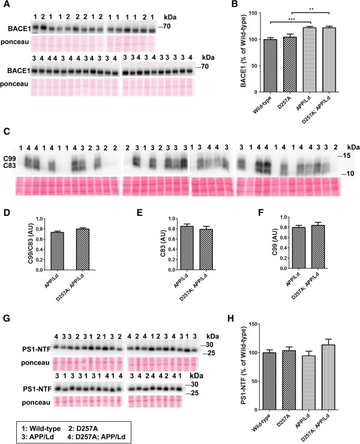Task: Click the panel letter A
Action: point(5,5)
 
